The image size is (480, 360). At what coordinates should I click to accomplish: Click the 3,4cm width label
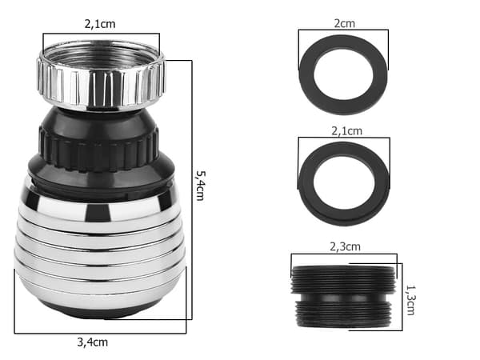tap(93, 342)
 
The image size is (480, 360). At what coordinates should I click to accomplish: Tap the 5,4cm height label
tap(201, 186)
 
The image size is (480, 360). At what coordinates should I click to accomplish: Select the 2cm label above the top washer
tap(344, 23)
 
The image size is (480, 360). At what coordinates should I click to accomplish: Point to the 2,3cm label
tap(345, 246)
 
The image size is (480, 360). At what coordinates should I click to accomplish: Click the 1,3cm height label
tap(410, 300)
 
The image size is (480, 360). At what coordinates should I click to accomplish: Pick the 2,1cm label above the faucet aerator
tap(100, 24)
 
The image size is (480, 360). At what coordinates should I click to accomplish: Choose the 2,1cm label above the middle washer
tap(347, 131)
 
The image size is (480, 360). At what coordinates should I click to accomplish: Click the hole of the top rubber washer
tap(343, 74)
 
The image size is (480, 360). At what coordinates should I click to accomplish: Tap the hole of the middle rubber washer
tap(344, 183)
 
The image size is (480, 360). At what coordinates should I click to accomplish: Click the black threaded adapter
tap(343, 297)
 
